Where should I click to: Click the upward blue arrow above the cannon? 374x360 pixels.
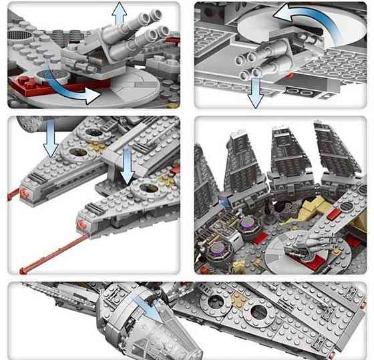(120, 15)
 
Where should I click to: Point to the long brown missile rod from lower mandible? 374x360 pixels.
(50, 258)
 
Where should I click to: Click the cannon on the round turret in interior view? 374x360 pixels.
(305, 247)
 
